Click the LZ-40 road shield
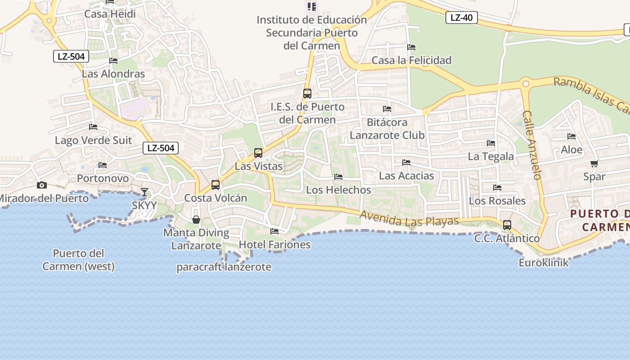click(x=461, y=18)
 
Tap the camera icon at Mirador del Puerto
click(x=42, y=185)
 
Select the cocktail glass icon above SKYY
click(x=144, y=192)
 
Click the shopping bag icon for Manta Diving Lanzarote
click(x=196, y=220)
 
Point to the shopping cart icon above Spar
click(x=594, y=164)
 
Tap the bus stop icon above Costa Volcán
click(x=216, y=185)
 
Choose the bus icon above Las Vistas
click(x=258, y=153)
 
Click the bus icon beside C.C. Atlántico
click(x=507, y=225)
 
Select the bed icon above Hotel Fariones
click(x=274, y=231)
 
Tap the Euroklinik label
click(x=544, y=262)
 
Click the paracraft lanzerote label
click(x=224, y=267)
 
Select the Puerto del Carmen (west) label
click(x=78, y=260)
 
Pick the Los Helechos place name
click(x=338, y=190)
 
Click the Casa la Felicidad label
click(x=411, y=60)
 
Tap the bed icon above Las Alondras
click(x=113, y=61)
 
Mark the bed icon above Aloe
click(x=571, y=136)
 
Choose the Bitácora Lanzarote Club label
click(x=387, y=129)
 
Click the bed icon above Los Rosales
click(x=497, y=188)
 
